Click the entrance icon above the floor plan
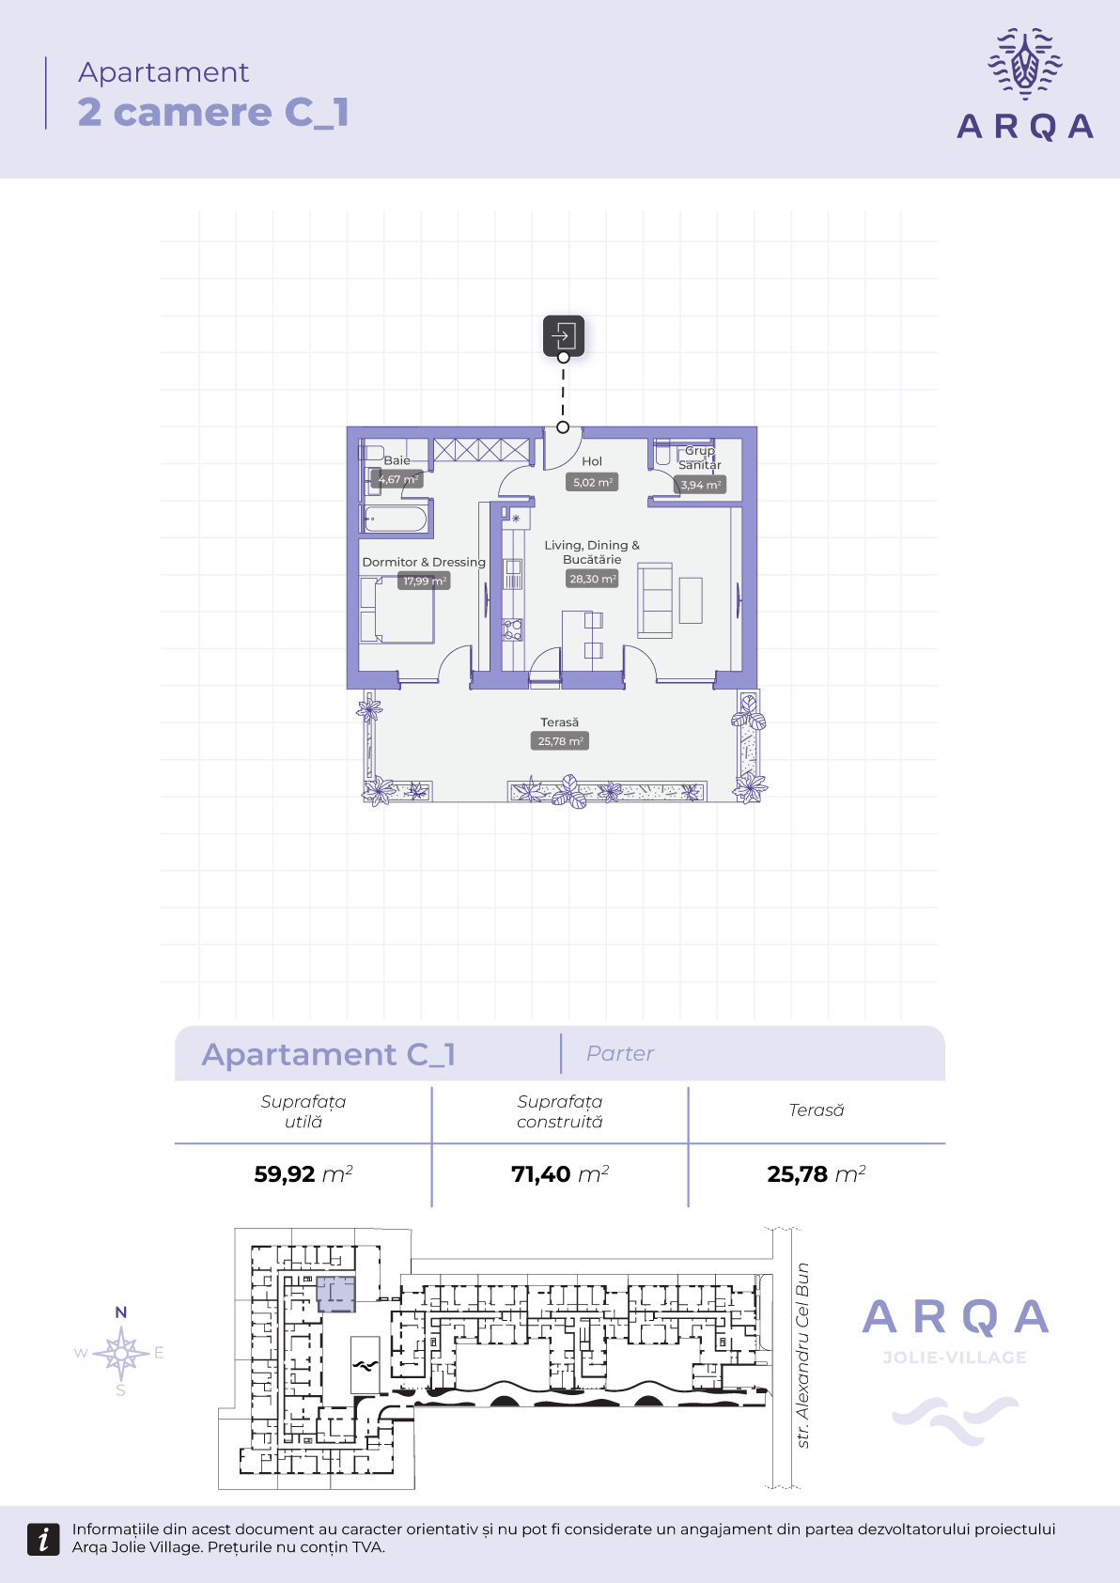[563, 335]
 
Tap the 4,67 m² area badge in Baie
[397, 479]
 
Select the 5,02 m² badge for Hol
[591, 482]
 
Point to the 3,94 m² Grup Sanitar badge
[700, 485]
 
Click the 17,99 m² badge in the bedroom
[424, 581]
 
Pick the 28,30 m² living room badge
[592, 579]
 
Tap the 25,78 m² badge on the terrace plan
[560, 740]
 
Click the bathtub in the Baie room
[396, 520]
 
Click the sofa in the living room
[655, 600]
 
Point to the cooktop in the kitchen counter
[512, 629]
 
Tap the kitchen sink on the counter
[513, 573]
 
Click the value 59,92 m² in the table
[303, 1173]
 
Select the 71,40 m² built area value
[560, 1173]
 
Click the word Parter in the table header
[620, 1054]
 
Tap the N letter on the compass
[121, 1312]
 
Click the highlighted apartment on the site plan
[335, 1294]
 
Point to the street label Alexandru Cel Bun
[802, 1356]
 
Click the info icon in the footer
[43, 1539]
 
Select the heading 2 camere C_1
[213, 113]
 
